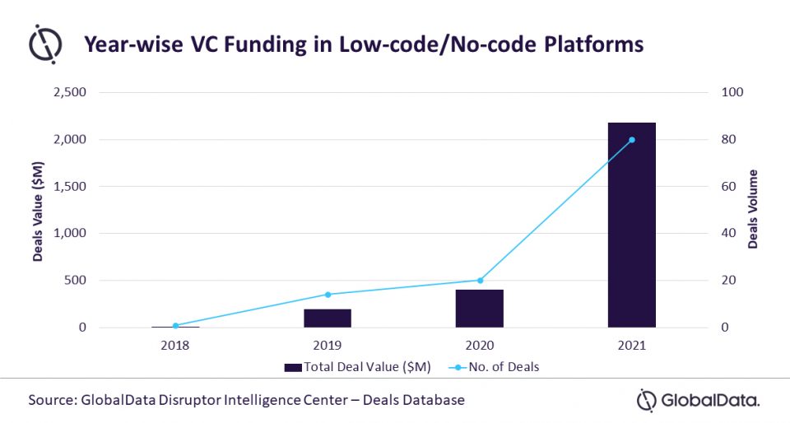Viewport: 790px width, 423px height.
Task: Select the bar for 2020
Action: coord(480,309)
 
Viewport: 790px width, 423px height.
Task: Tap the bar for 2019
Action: coord(328,318)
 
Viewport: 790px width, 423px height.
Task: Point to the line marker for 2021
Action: coord(632,140)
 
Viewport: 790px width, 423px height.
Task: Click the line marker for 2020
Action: coord(480,281)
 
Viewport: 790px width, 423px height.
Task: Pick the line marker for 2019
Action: coord(328,295)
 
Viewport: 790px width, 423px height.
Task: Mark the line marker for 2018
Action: coord(175,325)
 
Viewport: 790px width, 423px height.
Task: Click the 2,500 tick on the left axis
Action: coord(69,93)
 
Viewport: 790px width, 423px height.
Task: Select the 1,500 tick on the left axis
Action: coord(69,187)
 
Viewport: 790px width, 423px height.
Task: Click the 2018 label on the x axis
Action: coord(175,346)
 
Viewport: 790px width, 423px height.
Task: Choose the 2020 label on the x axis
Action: coord(480,346)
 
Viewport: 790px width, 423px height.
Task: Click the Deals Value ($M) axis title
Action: coord(38,211)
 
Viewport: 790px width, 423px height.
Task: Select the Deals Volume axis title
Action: coord(753,210)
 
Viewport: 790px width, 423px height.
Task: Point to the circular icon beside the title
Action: coord(45,44)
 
